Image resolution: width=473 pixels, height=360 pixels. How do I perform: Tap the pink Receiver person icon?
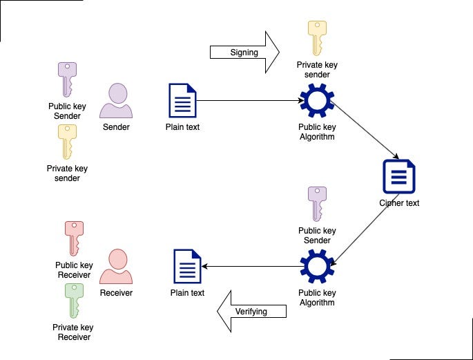click(x=116, y=267)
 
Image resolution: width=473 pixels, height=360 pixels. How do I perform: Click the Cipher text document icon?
click(x=399, y=176)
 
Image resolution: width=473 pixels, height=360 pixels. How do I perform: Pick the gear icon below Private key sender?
click(x=316, y=101)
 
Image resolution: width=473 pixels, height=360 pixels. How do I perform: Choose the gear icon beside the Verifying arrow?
click(x=316, y=267)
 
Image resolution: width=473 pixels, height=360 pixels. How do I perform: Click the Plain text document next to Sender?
click(x=182, y=101)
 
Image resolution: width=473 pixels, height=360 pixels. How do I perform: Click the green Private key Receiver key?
click(x=73, y=300)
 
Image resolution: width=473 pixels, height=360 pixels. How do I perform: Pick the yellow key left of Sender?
click(x=67, y=142)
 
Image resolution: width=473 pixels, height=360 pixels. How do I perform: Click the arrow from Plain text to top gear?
click(x=249, y=101)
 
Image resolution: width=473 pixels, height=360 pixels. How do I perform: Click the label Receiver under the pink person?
click(x=116, y=293)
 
